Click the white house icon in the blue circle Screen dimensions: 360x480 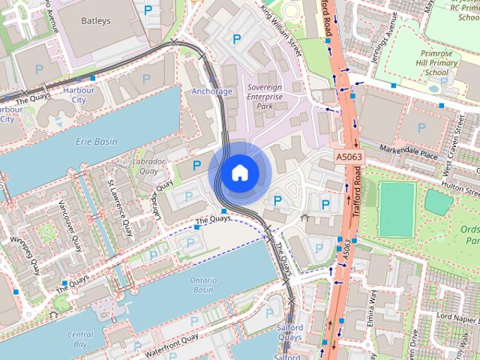click(238, 172)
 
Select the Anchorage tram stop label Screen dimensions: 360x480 click(212, 91)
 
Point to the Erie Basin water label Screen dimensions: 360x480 click(96, 141)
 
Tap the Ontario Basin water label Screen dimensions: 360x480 click(202, 285)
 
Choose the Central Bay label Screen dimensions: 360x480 click(80, 340)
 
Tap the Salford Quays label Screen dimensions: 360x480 click(289, 332)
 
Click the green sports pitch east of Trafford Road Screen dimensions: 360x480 click(396, 208)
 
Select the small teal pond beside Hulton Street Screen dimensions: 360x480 click(438, 201)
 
